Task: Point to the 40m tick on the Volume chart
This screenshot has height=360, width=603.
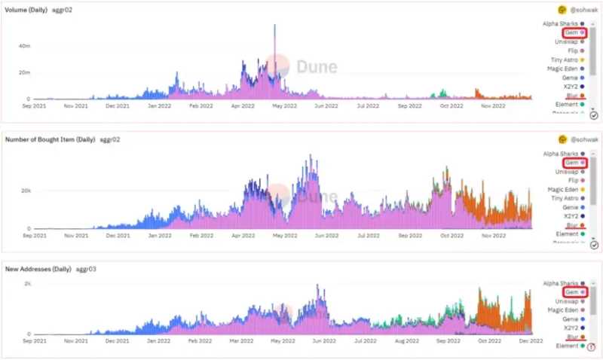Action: [x=24, y=46]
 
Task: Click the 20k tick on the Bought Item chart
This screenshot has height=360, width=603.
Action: [x=25, y=191]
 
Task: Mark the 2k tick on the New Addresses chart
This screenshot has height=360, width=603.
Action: [x=27, y=283]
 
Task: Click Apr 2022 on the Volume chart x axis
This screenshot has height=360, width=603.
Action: [x=242, y=106]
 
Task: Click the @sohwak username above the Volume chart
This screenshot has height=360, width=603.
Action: [x=583, y=10]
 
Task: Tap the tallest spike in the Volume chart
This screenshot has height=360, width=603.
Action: [x=274, y=27]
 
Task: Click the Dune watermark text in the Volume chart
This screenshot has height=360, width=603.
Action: [x=316, y=66]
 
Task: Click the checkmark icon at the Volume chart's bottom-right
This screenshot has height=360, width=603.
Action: [x=593, y=114]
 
